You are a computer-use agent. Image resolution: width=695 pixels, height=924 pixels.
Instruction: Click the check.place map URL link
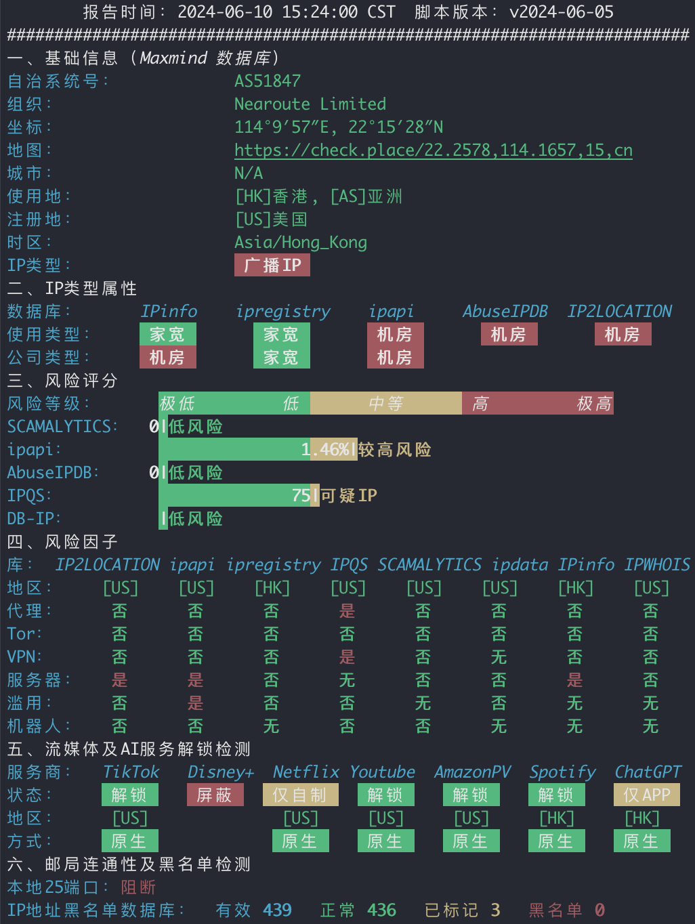click(x=433, y=150)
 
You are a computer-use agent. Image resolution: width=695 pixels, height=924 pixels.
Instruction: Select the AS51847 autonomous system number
click(x=268, y=81)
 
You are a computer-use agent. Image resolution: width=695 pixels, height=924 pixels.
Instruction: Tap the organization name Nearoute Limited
click(x=310, y=104)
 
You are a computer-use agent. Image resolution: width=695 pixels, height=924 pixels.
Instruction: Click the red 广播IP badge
click(x=272, y=265)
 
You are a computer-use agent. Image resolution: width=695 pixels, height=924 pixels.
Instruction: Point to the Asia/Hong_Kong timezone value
click(x=301, y=243)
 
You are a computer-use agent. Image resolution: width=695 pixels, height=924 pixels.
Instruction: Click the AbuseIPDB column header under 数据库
click(x=505, y=312)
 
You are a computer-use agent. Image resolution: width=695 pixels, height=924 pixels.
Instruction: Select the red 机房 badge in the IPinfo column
click(x=168, y=358)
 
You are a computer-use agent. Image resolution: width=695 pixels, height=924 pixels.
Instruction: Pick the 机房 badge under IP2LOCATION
click(x=623, y=334)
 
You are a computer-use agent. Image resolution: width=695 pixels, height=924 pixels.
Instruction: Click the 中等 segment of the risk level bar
click(x=386, y=403)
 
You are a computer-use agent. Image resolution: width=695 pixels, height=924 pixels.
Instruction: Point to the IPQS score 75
click(x=301, y=495)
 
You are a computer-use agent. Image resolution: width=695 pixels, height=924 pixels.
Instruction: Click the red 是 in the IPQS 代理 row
click(x=347, y=611)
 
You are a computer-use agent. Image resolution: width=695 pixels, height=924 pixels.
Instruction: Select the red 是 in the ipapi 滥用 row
click(x=195, y=703)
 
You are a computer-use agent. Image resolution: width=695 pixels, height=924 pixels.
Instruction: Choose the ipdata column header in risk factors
click(x=520, y=565)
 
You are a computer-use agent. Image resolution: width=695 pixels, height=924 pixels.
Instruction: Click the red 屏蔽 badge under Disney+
click(x=215, y=795)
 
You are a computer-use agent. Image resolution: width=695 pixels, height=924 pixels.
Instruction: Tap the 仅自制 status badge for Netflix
click(x=301, y=795)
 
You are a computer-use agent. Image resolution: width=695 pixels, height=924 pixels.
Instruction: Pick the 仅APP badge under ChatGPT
click(x=647, y=795)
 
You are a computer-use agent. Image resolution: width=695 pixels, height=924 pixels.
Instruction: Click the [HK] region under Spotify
click(x=557, y=818)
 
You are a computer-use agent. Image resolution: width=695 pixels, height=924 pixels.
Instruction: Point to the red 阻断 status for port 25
click(x=138, y=887)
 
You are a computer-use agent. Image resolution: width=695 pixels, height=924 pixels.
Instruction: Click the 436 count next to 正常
click(x=382, y=910)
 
